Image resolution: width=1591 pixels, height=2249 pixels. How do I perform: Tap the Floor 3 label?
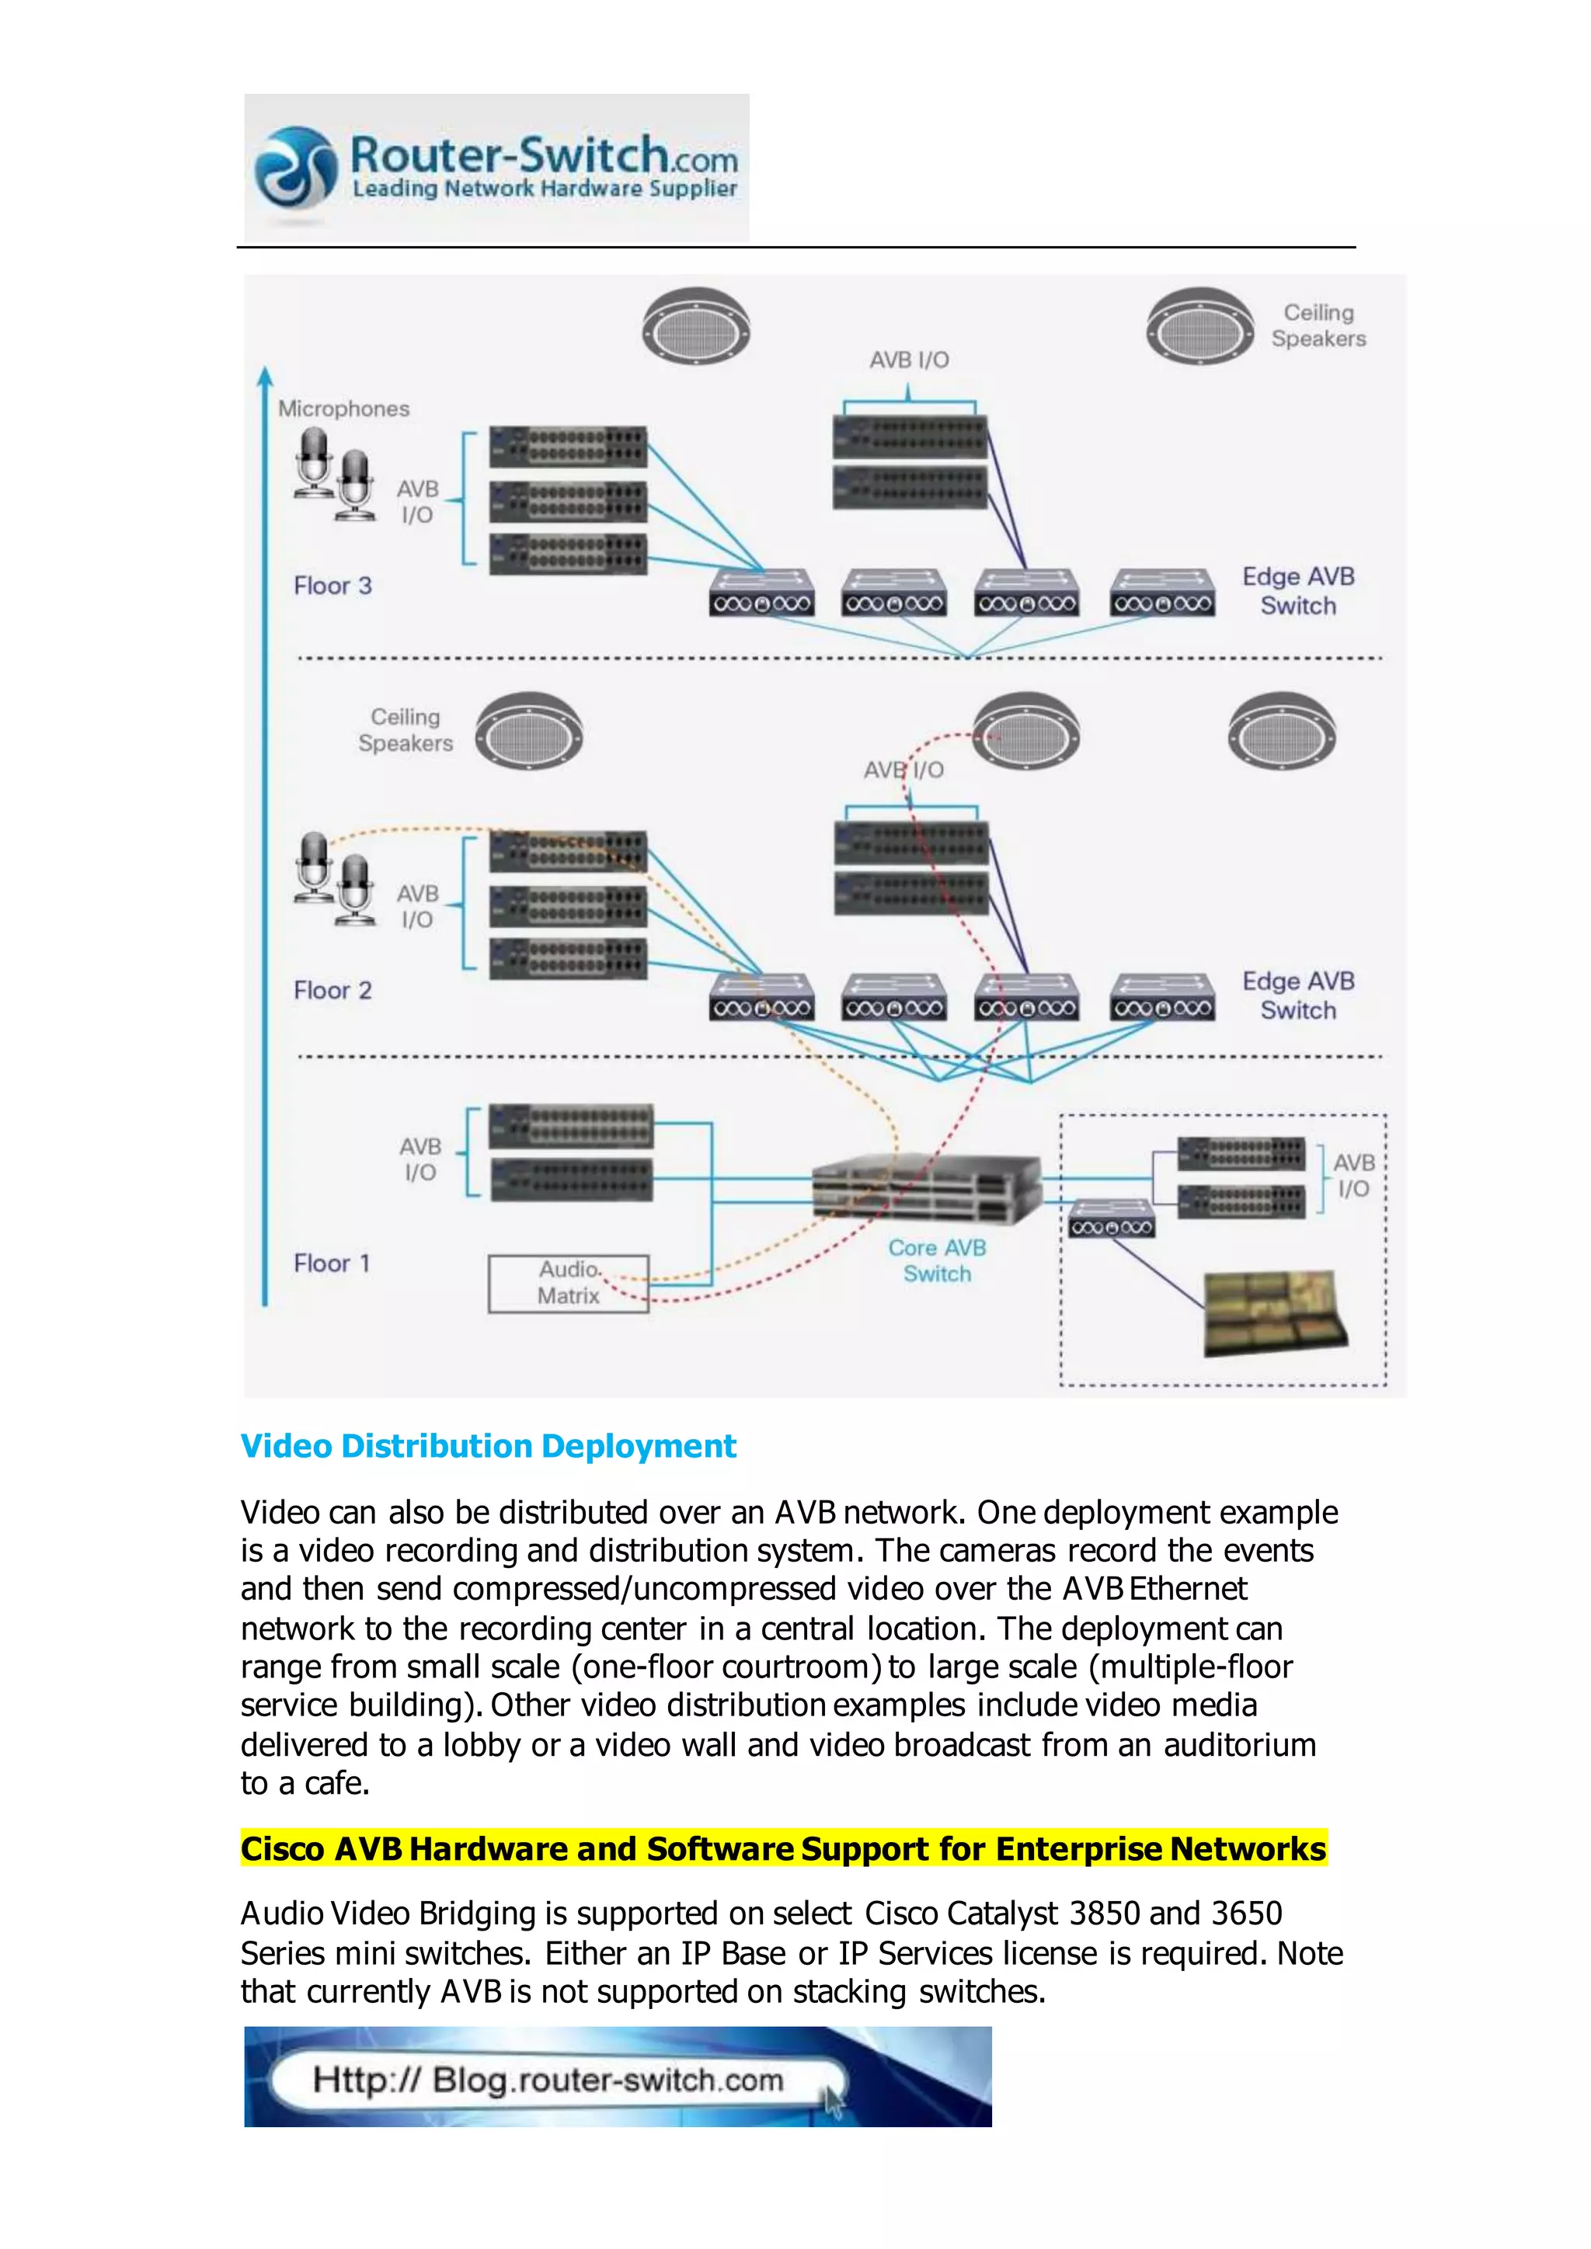(x=333, y=586)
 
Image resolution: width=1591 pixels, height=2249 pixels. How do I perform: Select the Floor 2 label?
(x=333, y=990)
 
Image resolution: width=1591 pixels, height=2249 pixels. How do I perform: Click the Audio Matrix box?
(x=568, y=1283)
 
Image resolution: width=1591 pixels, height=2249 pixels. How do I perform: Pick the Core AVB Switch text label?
(x=937, y=1260)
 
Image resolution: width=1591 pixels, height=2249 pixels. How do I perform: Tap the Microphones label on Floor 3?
(x=344, y=408)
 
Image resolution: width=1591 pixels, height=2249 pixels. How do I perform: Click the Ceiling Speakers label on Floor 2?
(x=406, y=730)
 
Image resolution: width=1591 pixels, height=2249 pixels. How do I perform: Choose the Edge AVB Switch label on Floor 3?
(x=1298, y=591)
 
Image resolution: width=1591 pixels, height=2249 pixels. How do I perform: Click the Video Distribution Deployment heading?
(x=488, y=1446)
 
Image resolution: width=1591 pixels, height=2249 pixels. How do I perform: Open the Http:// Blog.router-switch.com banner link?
(x=548, y=2080)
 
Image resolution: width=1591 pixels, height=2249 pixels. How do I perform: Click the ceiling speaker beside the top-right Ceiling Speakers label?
(x=1200, y=326)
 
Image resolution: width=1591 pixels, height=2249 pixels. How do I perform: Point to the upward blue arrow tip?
(x=264, y=374)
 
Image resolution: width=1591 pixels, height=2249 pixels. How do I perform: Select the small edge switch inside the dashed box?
(x=1111, y=1218)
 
